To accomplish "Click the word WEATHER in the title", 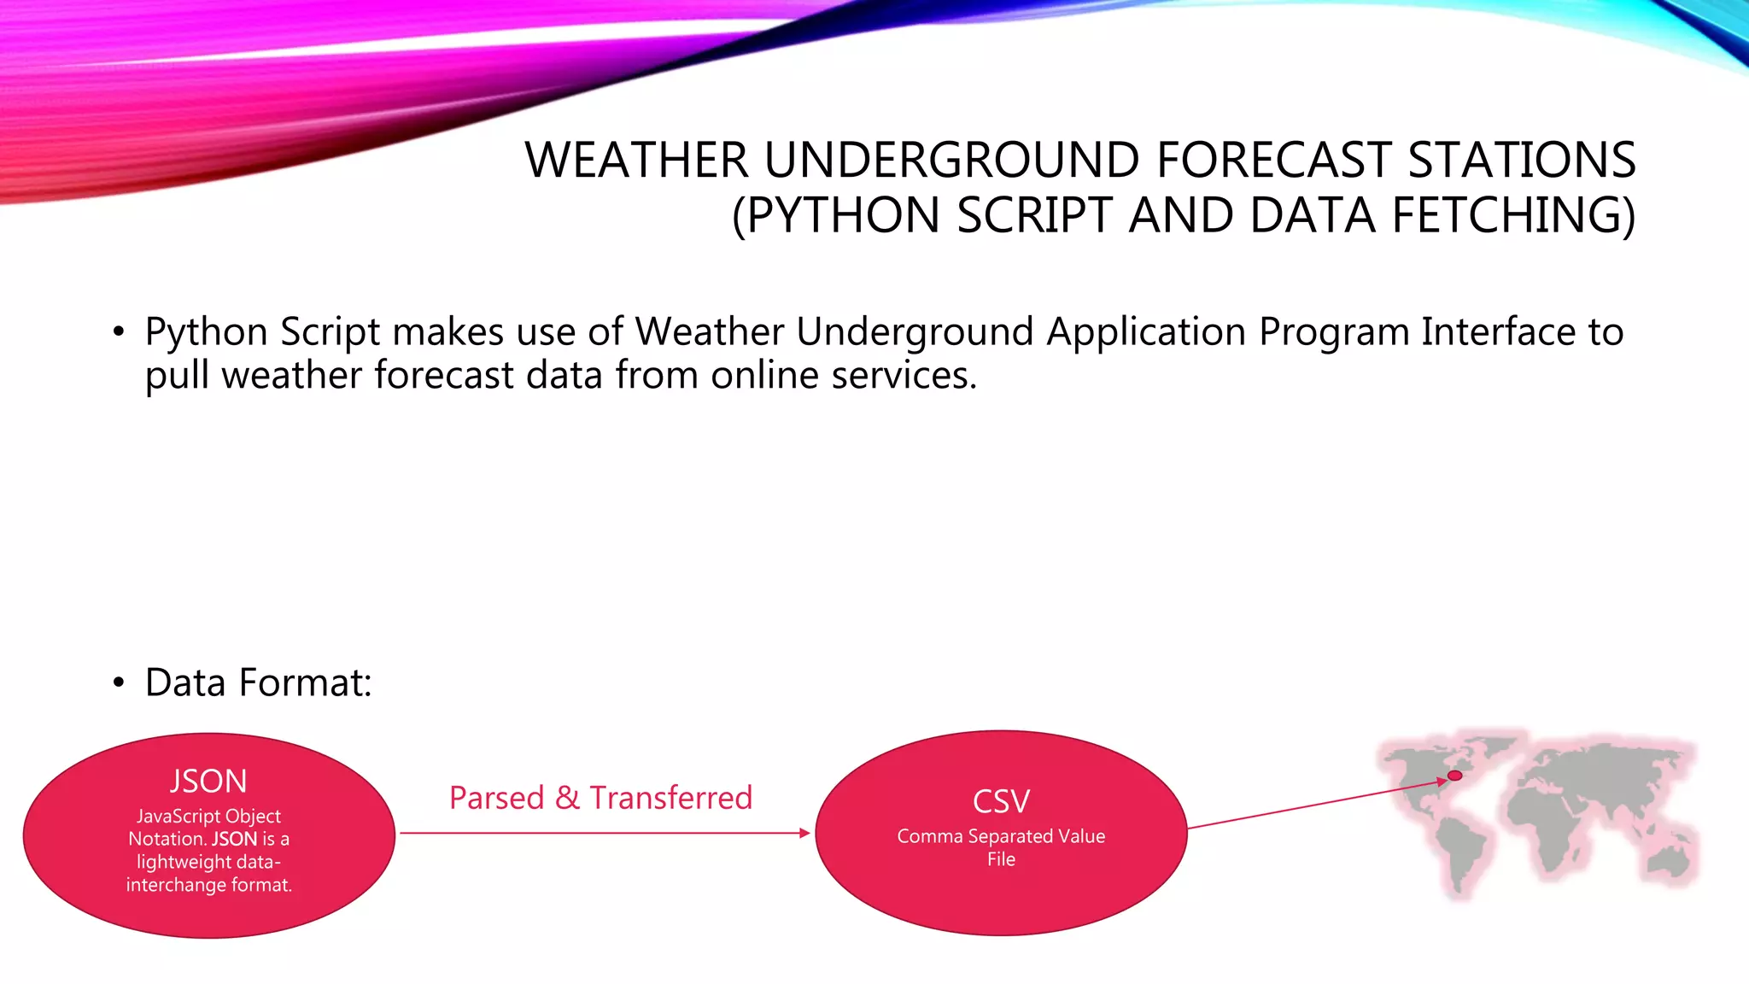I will (x=636, y=161).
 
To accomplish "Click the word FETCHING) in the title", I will (x=1513, y=215).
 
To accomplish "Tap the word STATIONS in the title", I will (x=1521, y=161).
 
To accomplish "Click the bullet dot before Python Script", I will (x=119, y=332).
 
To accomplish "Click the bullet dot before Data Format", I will (x=119, y=683).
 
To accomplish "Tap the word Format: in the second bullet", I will (x=305, y=683).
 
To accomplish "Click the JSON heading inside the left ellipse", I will (x=208, y=782).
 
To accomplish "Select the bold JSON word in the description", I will (x=234, y=840).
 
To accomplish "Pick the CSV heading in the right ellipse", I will (x=1001, y=802).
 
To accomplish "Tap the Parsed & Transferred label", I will (x=600, y=798).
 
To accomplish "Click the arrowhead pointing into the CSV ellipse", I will (x=804, y=833).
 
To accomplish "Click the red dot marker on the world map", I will (x=1455, y=776).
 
